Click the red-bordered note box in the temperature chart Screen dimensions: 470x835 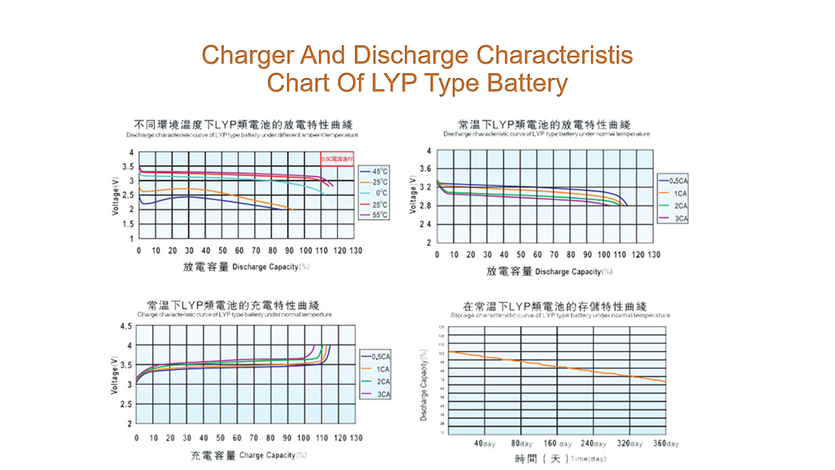[x=337, y=159]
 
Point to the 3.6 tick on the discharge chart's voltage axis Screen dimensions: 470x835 [x=425, y=168]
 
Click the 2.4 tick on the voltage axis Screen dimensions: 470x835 [x=425, y=224]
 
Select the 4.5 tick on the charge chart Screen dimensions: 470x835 [x=126, y=326]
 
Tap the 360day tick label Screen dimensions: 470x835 [x=665, y=443]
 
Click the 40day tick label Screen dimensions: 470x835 [x=484, y=443]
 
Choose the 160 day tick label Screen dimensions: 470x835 [x=557, y=443]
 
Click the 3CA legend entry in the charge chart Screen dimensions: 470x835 [x=383, y=394]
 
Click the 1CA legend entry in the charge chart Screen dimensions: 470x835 [x=382, y=369]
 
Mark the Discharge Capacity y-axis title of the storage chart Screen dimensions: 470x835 [x=424, y=385]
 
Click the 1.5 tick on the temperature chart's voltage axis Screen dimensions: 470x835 [x=128, y=224]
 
